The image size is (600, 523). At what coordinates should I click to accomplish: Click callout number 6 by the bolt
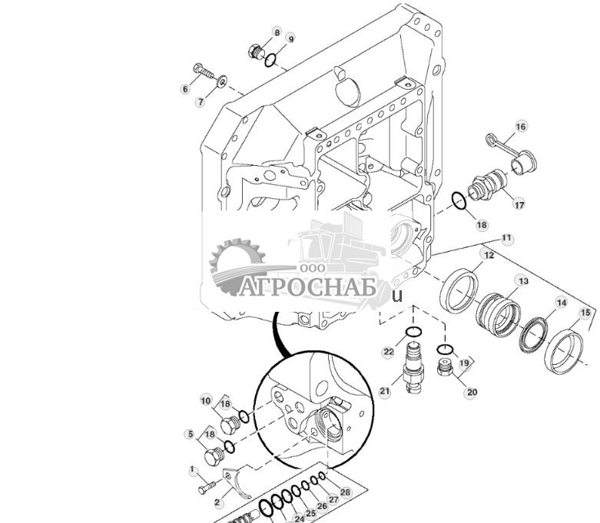pyautogui.click(x=184, y=90)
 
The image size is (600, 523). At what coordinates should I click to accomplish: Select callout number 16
pyautogui.click(x=521, y=126)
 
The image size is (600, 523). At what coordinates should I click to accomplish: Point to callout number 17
pyautogui.click(x=519, y=204)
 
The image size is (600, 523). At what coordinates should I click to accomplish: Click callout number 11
pyautogui.click(x=506, y=239)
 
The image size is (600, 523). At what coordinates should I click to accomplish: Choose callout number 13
pyautogui.click(x=522, y=282)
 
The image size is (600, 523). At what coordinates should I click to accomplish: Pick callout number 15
pyautogui.click(x=585, y=313)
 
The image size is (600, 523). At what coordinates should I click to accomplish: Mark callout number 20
pyautogui.click(x=472, y=392)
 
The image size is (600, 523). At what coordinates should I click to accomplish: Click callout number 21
pyautogui.click(x=385, y=391)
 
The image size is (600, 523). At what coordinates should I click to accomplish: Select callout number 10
pyautogui.click(x=206, y=400)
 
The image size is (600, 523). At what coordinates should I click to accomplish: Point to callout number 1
pyautogui.click(x=193, y=470)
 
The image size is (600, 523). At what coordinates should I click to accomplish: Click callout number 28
pyautogui.click(x=345, y=492)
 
